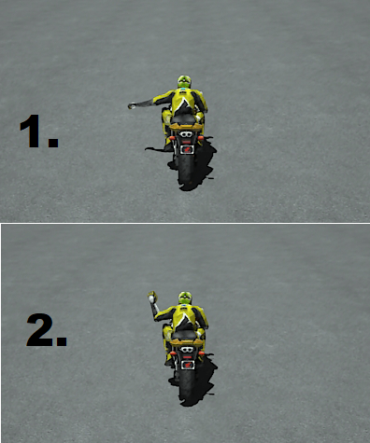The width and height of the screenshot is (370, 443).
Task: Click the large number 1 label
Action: tap(39, 131)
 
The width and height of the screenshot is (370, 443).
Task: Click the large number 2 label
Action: tap(47, 329)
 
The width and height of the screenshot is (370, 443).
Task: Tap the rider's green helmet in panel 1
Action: tap(184, 81)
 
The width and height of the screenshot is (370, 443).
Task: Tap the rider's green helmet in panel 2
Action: tap(185, 298)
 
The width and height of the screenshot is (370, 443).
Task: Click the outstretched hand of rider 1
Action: tap(132, 106)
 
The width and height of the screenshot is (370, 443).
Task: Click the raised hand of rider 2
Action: tap(151, 297)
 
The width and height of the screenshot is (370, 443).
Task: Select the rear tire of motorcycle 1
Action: tap(186, 170)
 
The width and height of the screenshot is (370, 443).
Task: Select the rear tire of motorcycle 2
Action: tap(187, 385)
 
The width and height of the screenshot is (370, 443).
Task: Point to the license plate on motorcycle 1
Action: tap(187, 149)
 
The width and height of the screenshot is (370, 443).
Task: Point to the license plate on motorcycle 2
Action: tap(188, 365)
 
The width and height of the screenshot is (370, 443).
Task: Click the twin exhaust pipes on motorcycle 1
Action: tap(186, 134)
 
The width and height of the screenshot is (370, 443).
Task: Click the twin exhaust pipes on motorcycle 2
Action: tap(187, 350)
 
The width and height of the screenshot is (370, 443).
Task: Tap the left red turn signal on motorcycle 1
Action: tap(172, 137)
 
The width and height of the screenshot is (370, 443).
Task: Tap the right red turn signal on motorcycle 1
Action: tap(201, 137)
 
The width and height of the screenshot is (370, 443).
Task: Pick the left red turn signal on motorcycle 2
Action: tap(173, 353)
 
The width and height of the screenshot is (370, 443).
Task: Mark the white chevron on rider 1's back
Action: tap(184, 104)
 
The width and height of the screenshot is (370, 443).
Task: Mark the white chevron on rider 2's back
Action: tap(185, 320)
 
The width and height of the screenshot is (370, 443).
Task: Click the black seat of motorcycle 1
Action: tap(184, 118)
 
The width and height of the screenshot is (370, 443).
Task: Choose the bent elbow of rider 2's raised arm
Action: tap(156, 317)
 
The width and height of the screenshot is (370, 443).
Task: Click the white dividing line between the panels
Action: tap(185, 223)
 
